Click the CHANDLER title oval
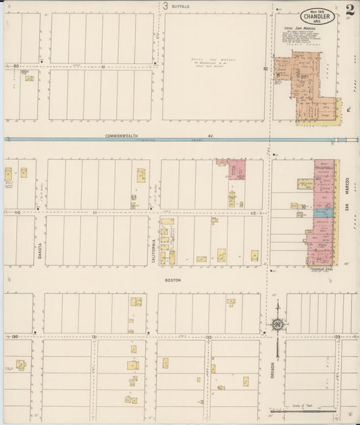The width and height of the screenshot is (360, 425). pyautogui.click(x=317, y=15)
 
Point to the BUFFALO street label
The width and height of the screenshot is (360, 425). pyautogui.click(x=180, y=6)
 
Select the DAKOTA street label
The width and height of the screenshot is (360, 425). pyautogui.click(x=39, y=252)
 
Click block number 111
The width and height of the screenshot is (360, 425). pyautogui.click(x=95, y=212)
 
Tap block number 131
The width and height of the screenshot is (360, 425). pyautogui.click(x=95, y=336)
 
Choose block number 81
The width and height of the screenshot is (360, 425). pyautogui.click(x=103, y=66)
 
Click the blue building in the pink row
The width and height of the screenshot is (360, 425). pyautogui.click(x=322, y=212)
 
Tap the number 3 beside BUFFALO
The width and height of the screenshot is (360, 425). pyautogui.click(x=165, y=5)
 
